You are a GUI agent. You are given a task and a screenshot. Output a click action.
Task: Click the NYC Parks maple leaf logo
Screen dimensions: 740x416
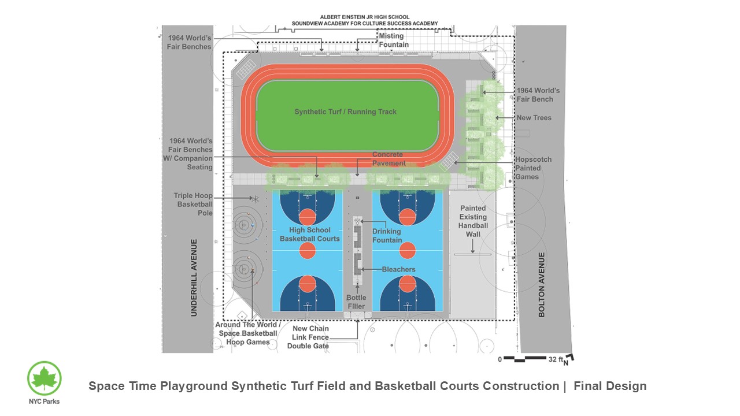[x=45, y=378]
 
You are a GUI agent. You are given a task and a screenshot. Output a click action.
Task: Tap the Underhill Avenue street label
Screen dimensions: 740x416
[x=194, y=277]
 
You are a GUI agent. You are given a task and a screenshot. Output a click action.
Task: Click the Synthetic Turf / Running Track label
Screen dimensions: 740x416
[x=345, y=112]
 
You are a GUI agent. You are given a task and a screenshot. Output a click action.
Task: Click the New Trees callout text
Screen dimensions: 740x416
[x=534, y=118]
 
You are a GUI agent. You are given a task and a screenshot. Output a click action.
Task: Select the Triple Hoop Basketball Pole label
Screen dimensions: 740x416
[x=193, y=205]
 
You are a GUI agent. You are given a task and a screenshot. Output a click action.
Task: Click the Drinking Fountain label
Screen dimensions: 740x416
[x=387, y=236]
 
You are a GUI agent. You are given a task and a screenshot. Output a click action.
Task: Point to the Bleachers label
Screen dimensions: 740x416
[x=398, y=269]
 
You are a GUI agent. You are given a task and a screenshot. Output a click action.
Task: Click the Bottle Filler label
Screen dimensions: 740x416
[x=356, y=302]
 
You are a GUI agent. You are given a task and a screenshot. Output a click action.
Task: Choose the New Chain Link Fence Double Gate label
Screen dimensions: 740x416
[x=308, y=337]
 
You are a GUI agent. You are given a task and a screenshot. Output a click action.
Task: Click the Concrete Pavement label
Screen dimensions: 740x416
[x=388, y=159]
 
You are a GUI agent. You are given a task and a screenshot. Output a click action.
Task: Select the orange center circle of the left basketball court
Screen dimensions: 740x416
[x=307, y=251]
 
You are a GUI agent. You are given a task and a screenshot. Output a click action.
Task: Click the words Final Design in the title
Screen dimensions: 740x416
[x=610, y=386]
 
